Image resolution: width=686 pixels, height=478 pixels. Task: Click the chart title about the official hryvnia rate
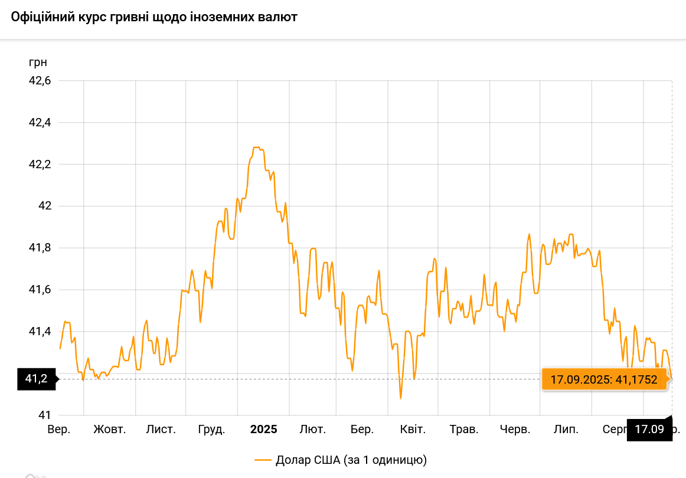(154, 17)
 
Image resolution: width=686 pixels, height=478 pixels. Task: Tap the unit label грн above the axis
(38, 62)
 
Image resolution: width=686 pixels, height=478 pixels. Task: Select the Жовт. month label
(110, 429)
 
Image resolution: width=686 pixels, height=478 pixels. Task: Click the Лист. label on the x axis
(161, 429)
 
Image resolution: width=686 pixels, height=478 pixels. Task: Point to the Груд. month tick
(211, 429)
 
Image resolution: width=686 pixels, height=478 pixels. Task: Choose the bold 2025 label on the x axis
(263, 429)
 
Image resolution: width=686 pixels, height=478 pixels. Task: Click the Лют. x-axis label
(312, 429)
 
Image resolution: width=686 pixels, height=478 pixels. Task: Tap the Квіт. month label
(413, 429)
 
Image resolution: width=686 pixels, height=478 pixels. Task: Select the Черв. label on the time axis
(515, 429)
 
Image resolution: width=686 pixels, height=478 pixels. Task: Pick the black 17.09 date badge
(649, 429)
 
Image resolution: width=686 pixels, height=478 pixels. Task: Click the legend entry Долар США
(340, 460)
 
